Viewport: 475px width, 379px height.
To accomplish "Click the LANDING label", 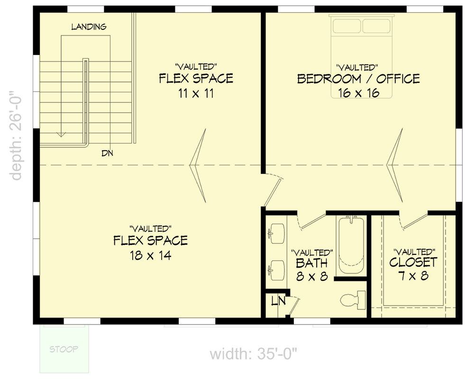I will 89,27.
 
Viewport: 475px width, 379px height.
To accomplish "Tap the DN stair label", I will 107,153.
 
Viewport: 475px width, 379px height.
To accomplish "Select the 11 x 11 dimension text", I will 196,93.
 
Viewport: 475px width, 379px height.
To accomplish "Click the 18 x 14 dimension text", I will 150,256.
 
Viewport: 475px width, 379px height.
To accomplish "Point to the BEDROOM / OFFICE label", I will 358,79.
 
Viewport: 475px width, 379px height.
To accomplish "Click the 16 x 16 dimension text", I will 359,93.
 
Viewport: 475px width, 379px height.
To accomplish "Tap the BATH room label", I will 311,263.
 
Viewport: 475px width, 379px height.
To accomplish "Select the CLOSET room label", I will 413,262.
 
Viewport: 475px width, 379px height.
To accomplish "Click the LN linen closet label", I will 277,301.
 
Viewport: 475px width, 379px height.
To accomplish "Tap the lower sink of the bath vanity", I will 275,270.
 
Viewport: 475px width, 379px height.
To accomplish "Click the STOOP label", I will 64,350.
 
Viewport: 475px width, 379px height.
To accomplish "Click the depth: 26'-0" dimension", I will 17,136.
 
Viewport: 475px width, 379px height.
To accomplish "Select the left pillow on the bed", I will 347,26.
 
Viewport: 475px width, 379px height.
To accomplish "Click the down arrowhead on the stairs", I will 61,134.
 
